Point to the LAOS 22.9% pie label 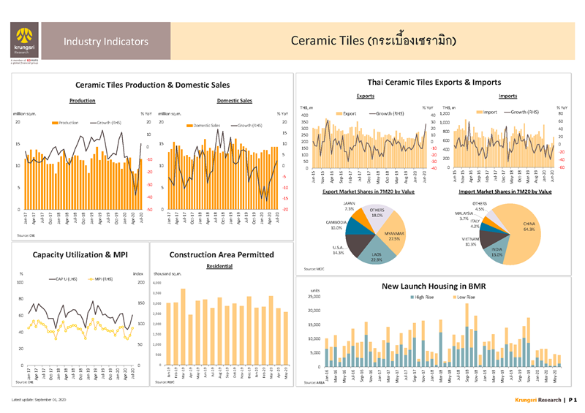coord(377,257)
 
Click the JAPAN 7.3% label coord(349,206)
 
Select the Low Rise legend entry coord(468,298)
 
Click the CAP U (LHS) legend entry coord(64,279)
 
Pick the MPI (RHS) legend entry coord(105,279)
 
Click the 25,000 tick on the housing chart coord(314,297)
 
